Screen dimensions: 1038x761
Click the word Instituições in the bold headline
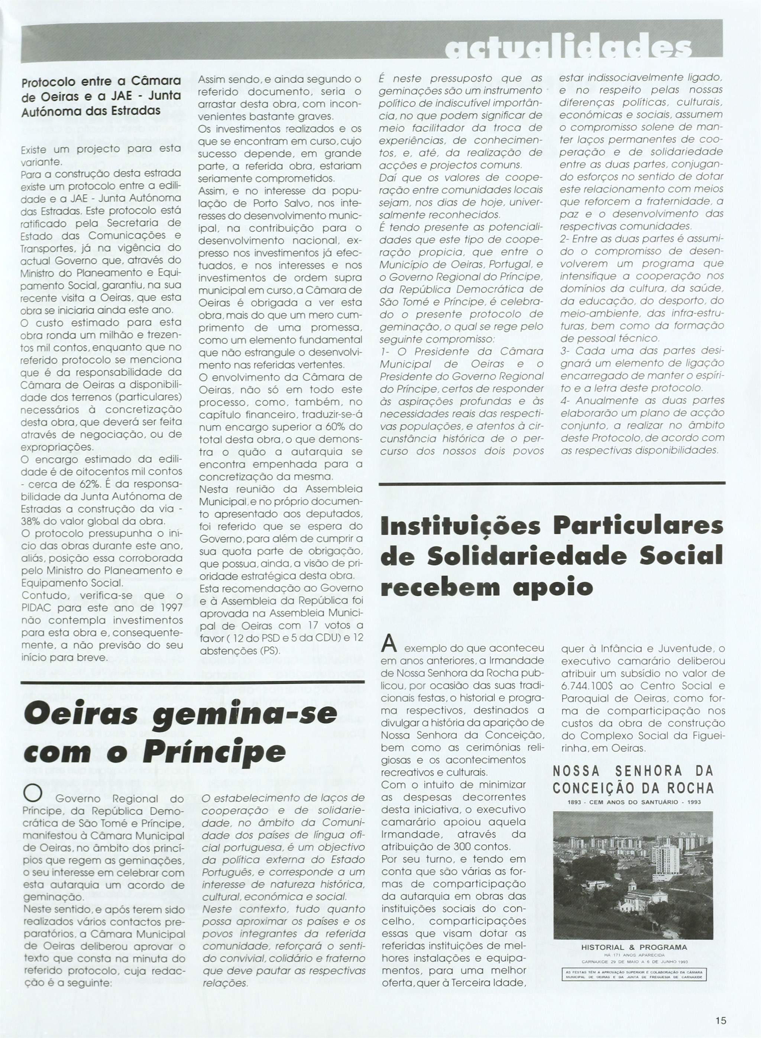point(461,527)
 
